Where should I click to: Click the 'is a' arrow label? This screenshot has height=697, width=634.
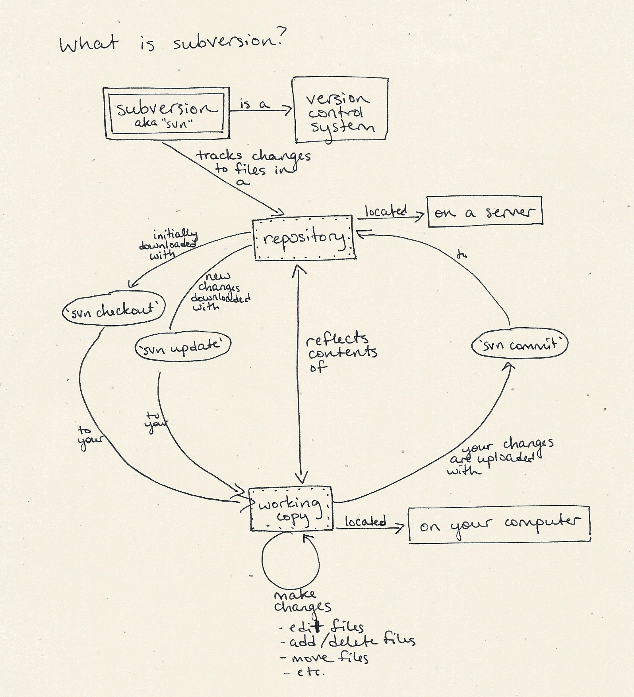coord(255,104)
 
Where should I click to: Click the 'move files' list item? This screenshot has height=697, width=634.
coord(324,658)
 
